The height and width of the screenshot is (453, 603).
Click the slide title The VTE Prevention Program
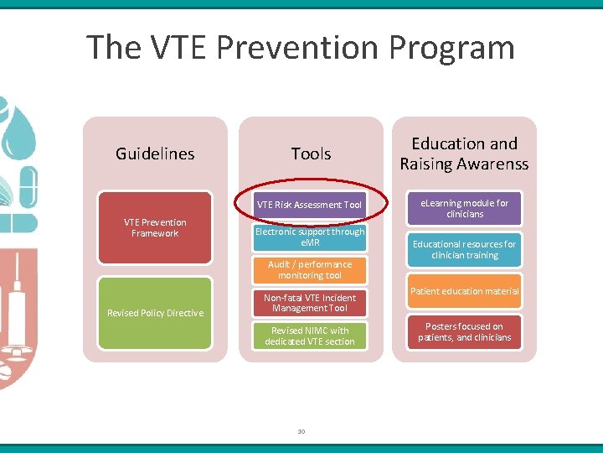pyautogui.click(x=301, y=48)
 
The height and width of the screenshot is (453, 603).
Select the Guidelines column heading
pyautogui.click(x=155, y=154)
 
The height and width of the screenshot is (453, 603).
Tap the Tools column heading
pyautogui.click(x=311, y=154)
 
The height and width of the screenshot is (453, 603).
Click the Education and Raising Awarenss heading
pyautogui.click(x=464, y=154)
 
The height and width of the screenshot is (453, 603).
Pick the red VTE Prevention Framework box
pyautogui.click(x=155, y=227)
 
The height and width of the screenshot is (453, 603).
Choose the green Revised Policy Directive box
pyautogui.click(x=155, y=313)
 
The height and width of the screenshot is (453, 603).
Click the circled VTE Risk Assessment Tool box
pyautogui.click(x=309, y=205)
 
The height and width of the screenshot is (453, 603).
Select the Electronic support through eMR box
pyautogui.click(x=310, y=237)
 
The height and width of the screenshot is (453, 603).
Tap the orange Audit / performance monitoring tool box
pyautogui.click(x=310, y=269)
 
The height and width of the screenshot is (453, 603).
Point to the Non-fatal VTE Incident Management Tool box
pyautogui.click(x=310, y=303)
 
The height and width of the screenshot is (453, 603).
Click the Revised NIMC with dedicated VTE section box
pyautogui.click(x=310, y=336)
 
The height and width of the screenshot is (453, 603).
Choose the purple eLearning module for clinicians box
pyautogui.click(x=464, y=208)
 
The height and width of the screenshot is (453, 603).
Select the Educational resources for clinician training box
pyautogui.click(x=464, y=249)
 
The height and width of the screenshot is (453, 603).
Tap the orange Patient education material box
pyautogui.click(x=464, y=291)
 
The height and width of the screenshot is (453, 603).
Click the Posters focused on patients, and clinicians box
pyautogui.click(x=464, y=332)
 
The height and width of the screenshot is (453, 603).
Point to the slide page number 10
pyautogui.click(x=301, y=431)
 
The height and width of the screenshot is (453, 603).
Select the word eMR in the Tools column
pyautogui.click(x=310, y=242)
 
